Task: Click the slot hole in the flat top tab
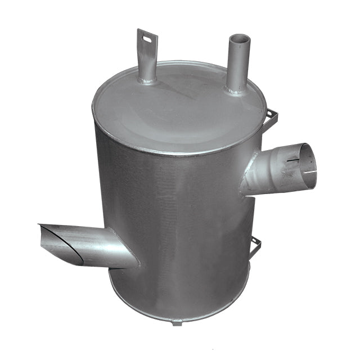point(147,39)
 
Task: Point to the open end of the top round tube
point(239,40)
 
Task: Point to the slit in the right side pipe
point(293,160)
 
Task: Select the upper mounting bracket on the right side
point(272,118)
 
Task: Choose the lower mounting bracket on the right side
point(256,246)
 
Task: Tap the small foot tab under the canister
point(177,323)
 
